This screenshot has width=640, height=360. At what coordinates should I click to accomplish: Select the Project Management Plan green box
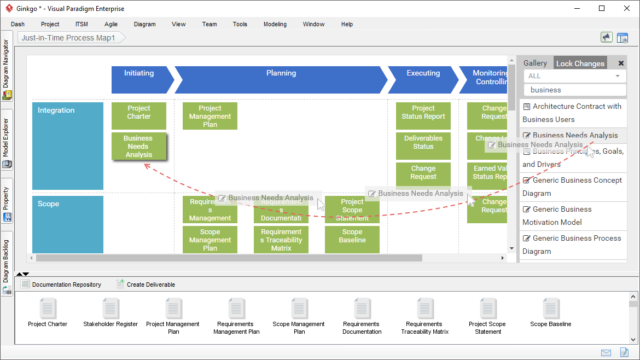tap(210, 117)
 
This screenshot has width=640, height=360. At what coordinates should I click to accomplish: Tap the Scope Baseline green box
tap(352, 236)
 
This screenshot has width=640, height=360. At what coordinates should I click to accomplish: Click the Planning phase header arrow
tap(281, 80)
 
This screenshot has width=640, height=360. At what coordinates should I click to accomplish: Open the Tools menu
tap(240, 24)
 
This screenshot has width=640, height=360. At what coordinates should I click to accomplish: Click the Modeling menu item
tap(275, 24)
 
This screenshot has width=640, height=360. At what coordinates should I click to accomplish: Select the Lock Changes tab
tap(580, 63)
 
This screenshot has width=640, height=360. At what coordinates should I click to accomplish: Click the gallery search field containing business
tap(574, 90)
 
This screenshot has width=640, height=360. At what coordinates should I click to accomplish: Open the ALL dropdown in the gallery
tap(574, 76)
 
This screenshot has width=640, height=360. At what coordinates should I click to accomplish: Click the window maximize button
tap(602, 8)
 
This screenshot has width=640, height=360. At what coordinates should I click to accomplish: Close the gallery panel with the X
tap(621, 63)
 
